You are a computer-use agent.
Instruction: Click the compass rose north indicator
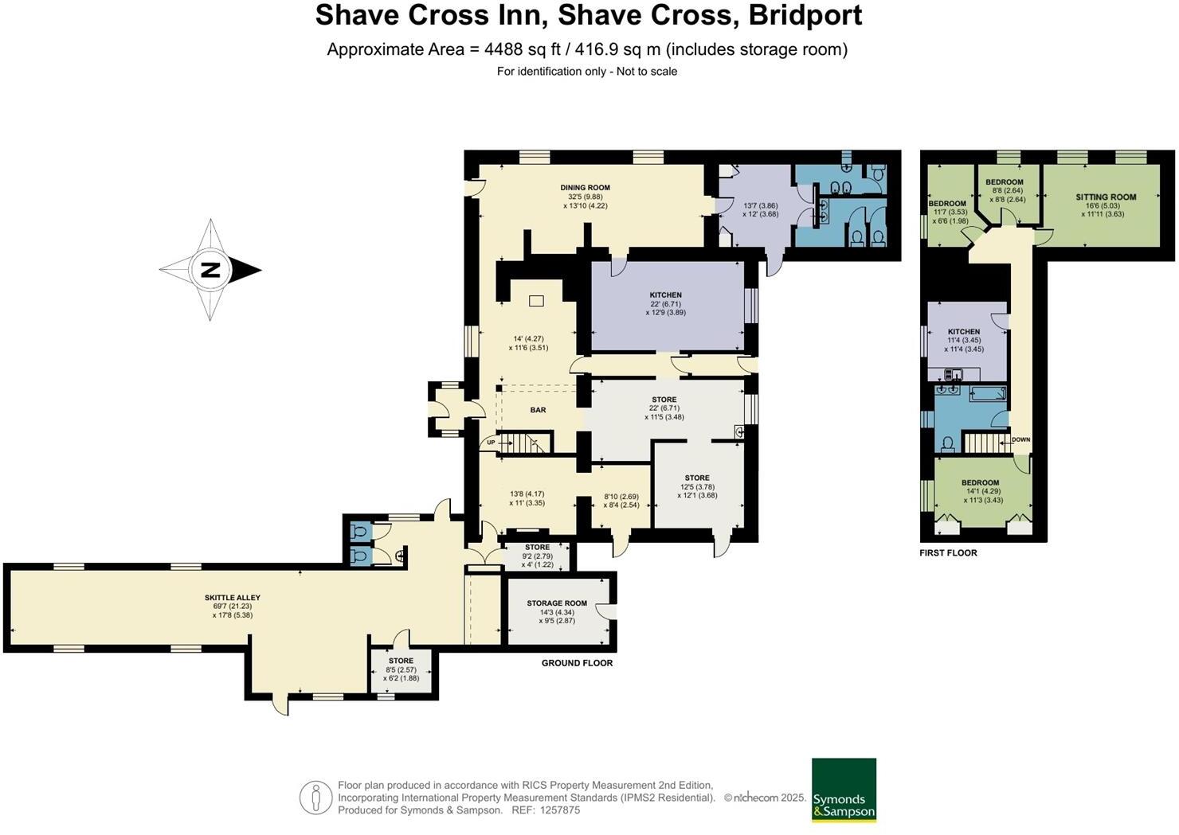[x=210, y=270]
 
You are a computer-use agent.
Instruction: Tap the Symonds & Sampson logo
[x=844, y=790]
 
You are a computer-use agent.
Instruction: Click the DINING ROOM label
[x=585, y=188]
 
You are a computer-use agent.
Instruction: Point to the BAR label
[x=538, y=410]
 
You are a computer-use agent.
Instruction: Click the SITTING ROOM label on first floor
[x=1105, y=197]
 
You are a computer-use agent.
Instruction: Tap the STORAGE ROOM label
[x=556, y=603]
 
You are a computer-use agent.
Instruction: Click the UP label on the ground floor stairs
[x=491, y=443]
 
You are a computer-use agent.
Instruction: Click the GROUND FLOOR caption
[x=577, y=663]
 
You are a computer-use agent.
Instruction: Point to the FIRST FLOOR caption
[x=948, y=552]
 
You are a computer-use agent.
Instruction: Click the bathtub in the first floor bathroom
[x=988, y=393]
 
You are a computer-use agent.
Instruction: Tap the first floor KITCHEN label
[x=963, y=332]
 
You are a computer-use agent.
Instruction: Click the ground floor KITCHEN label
[x=665, y=295]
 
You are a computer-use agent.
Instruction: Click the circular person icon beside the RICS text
[x=315, y=798]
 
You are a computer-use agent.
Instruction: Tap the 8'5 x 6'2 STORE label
[x=401, y=661]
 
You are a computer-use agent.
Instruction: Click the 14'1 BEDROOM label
[x=979, y=482]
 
